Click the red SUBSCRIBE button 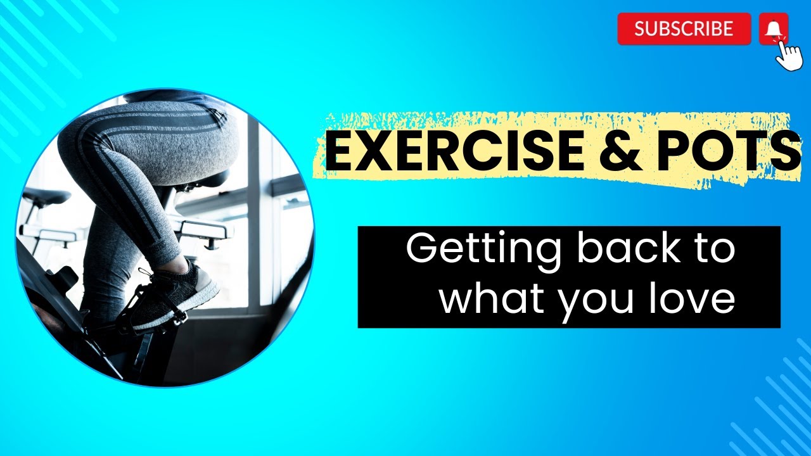(684, 28)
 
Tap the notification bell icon (773, 28)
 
